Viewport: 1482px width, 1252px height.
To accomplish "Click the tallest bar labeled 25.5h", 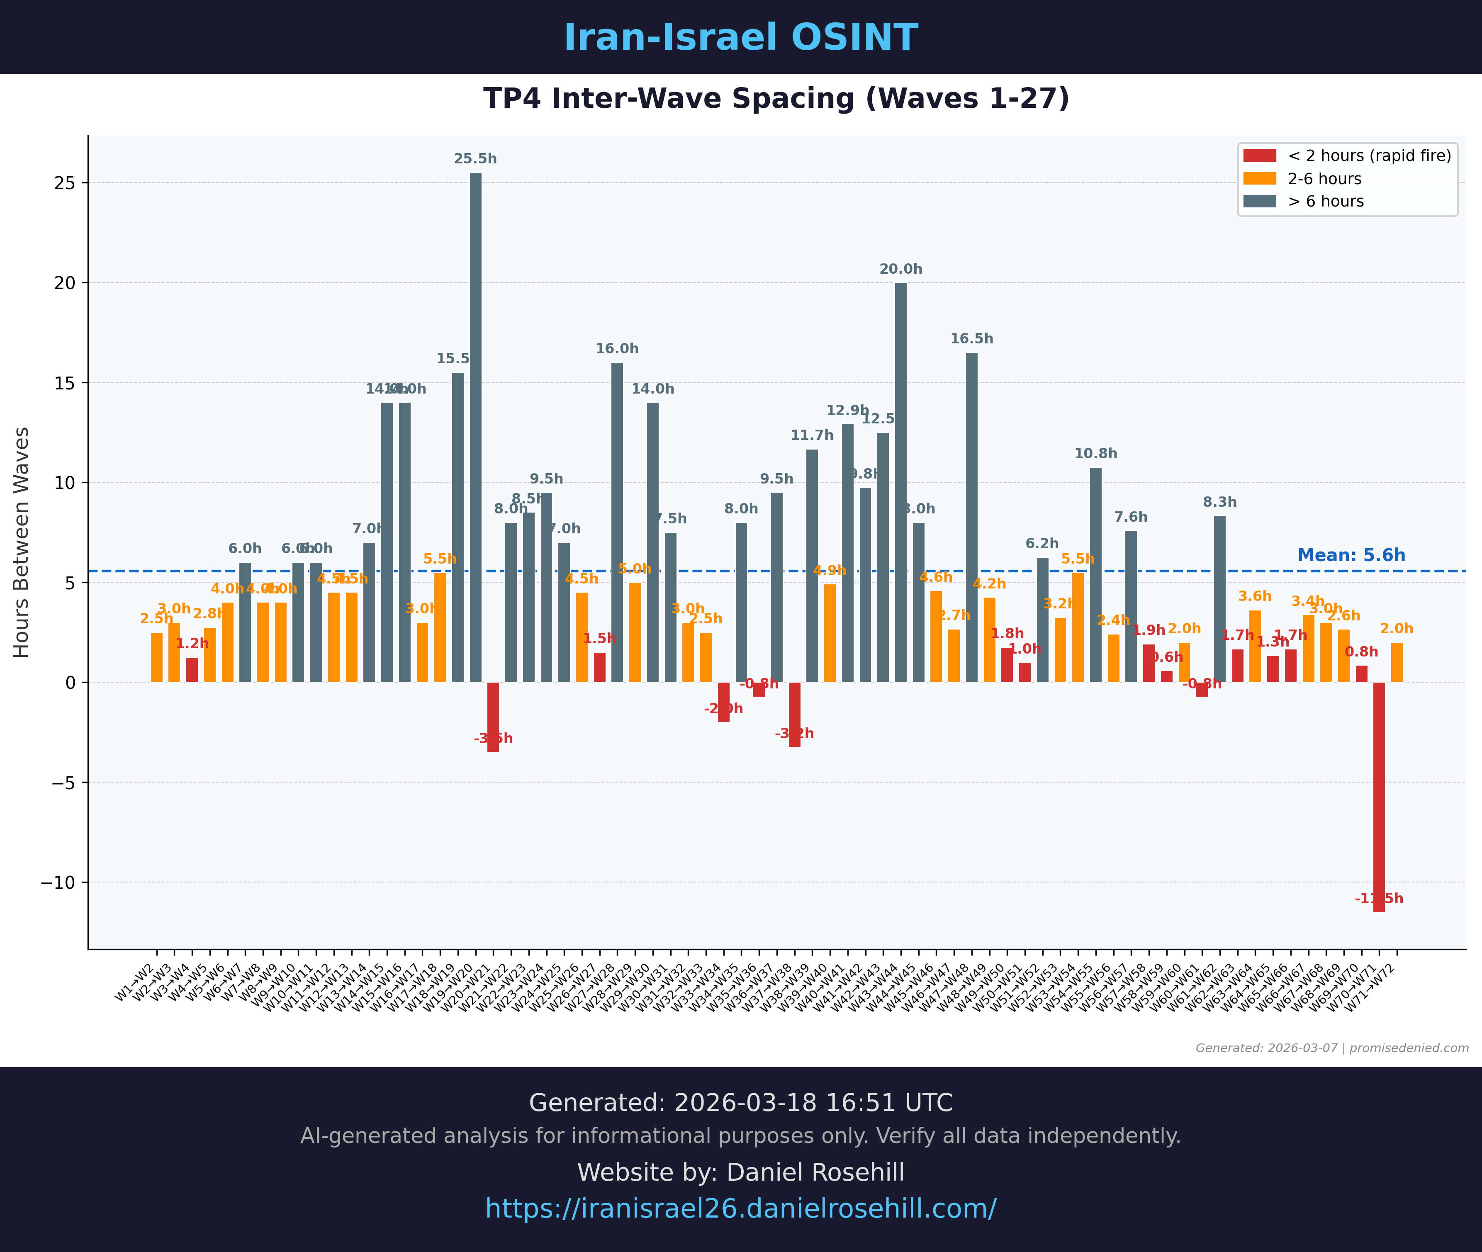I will tap(476, 426).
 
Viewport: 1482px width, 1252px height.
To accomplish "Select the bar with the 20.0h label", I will tap(901, 483).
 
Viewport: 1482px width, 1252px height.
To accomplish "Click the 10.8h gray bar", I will tap(1096, 575).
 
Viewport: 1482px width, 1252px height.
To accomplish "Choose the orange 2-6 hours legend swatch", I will tap(1260, 179).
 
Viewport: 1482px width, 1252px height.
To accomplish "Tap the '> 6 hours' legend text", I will tap(1326, 202).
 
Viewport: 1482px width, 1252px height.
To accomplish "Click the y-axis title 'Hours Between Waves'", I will tap(21, 542).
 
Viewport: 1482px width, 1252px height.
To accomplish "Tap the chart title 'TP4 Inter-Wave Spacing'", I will tap(776, 99).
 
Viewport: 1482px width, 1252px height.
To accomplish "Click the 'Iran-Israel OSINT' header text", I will tap(741, 38).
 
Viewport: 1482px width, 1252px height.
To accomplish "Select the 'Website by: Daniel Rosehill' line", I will tap(741, 1172).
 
